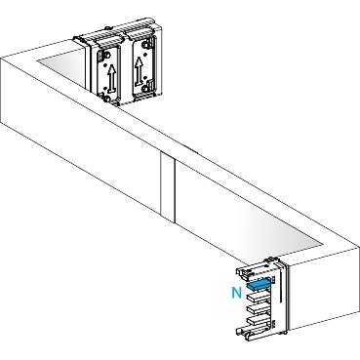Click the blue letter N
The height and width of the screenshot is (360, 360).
(237, 293)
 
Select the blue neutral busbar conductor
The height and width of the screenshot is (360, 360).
(259, 285)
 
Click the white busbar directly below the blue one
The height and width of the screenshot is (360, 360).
(259, 296)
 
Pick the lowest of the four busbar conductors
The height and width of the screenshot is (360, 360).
(259, 319)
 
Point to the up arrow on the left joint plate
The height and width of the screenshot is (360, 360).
(111, 78)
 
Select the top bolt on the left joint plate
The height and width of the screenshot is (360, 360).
(105, 54)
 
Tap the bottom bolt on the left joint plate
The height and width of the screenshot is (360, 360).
(105, 98)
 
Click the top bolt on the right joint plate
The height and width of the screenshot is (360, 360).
(148, 43)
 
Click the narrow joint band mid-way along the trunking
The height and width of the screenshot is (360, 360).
(168, 187)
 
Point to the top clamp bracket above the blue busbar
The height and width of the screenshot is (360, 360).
(257, 272)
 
